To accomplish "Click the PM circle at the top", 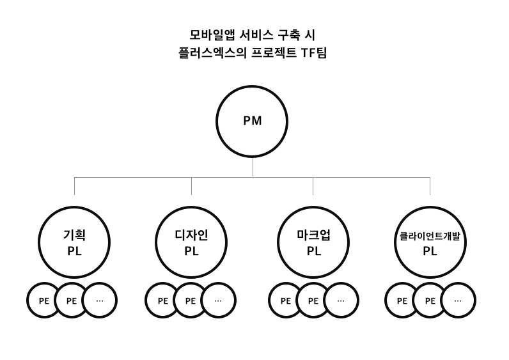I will (252, 121).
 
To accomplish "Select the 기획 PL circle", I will (74, 242).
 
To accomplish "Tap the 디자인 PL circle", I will (191, 242).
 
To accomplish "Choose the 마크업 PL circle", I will (313, 242).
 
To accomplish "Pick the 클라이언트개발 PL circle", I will (430, 242).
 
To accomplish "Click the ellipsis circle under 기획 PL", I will (100, 300).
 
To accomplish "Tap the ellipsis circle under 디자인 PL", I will (218, 300).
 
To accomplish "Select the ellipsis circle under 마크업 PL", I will (341, 300).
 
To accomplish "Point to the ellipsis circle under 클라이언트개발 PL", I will (458, 300).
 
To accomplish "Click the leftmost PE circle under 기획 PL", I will (43, 300).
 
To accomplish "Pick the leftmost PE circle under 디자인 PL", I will (162, 300).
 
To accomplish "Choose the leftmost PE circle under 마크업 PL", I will (285, 300).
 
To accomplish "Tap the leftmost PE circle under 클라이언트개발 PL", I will (402, 300).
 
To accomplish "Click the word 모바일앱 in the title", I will (208, 35).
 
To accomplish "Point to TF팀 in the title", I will (313, 53).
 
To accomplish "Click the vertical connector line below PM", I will (253, 167).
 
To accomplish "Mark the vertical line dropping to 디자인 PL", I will (191, 186).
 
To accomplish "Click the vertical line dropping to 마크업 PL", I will (313, 186).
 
